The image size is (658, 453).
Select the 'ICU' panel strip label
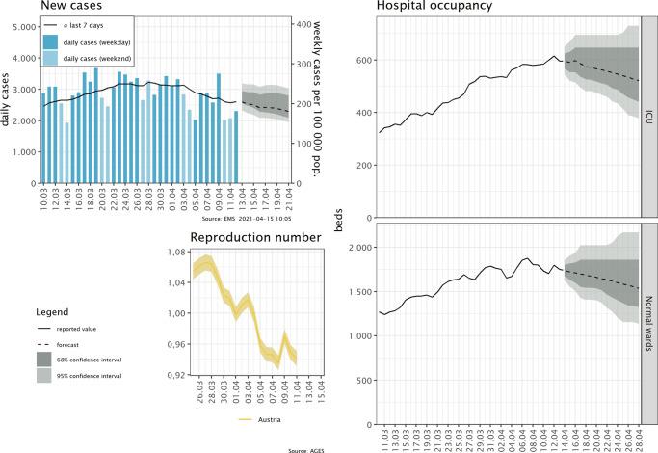point(651,118)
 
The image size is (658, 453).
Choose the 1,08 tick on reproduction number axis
point(175,253)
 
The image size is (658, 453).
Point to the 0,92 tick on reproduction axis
point(175,374)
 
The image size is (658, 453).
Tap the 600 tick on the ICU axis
point(361,60)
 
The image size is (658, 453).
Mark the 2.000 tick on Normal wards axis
point(357,248)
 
